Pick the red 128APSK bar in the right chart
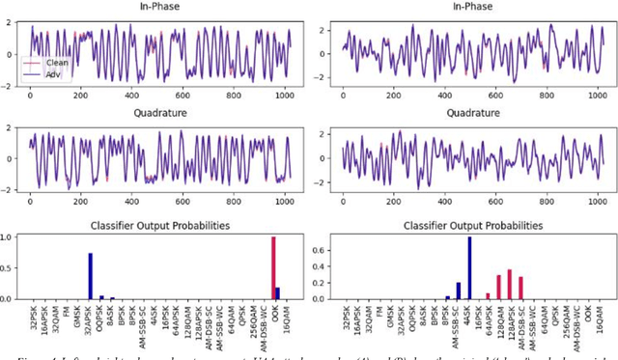tap(509, 284)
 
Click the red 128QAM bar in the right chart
tap(499, 288)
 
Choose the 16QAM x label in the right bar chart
tap(599, 319)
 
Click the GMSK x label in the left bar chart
tap(79, 318)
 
